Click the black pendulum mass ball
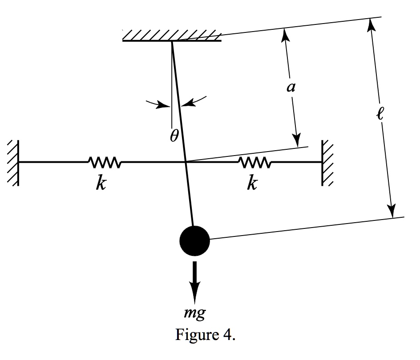(x=194, y=240)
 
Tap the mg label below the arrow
(x=195, y=314)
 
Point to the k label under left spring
(x=101, y=183)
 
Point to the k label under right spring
(x=252, y=183)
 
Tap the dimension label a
(x=291, y=88)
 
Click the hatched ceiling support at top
(x=172, y=35)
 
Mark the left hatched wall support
(x=13, y=162)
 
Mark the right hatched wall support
(x=327, y=162)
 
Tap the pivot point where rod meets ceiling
(x=171, y=41)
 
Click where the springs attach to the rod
(x=186, y=162)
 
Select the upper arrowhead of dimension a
(x=283, y=33)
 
